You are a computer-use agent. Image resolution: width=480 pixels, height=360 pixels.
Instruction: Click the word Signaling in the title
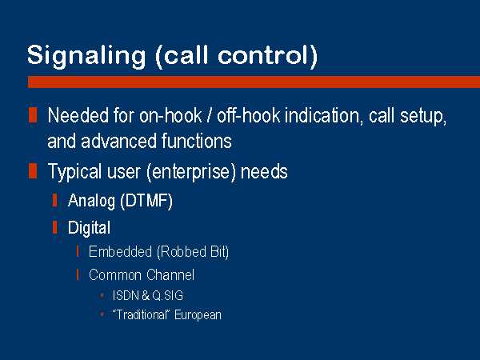tap(86, 56)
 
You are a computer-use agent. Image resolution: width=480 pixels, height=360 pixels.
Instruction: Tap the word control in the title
tap(267, 55)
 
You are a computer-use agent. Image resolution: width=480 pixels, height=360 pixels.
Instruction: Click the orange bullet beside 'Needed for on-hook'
tap(33, 114)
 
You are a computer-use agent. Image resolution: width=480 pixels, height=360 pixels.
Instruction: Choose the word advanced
tap(119, 141)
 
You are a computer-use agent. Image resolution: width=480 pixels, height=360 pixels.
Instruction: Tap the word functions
tap(197, 141)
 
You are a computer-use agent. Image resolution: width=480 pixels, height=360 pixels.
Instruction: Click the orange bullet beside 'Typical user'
tap(33, 170)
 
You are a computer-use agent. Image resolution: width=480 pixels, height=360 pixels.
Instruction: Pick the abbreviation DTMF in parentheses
tap(147, 201)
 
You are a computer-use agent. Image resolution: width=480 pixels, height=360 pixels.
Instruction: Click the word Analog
tap(92, 202)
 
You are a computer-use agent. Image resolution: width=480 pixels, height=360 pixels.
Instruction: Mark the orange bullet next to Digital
tap(54, 227)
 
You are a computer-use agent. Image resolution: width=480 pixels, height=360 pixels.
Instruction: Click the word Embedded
tap(120, 252)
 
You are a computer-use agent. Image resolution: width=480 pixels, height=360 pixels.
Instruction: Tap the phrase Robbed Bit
tap(193, 252)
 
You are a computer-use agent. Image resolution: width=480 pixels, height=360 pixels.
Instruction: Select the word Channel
tap(170, 274)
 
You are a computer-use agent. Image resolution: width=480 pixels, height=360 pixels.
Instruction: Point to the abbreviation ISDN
tap(126, 295)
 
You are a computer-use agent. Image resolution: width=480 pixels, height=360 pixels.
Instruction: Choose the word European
tap(198, 315)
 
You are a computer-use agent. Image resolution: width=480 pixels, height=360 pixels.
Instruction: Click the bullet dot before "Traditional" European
tap(102, 314)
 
